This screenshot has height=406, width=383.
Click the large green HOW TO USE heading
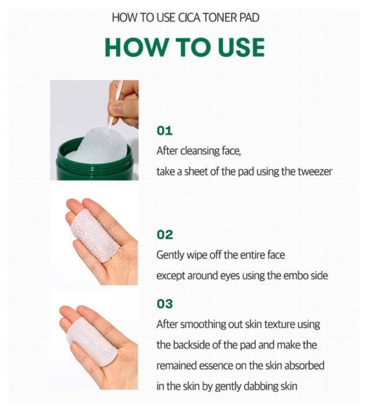(185, 47)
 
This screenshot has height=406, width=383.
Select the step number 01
(165, 130)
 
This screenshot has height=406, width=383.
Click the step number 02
(165, 235)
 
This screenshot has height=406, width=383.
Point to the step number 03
(165, 304)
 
